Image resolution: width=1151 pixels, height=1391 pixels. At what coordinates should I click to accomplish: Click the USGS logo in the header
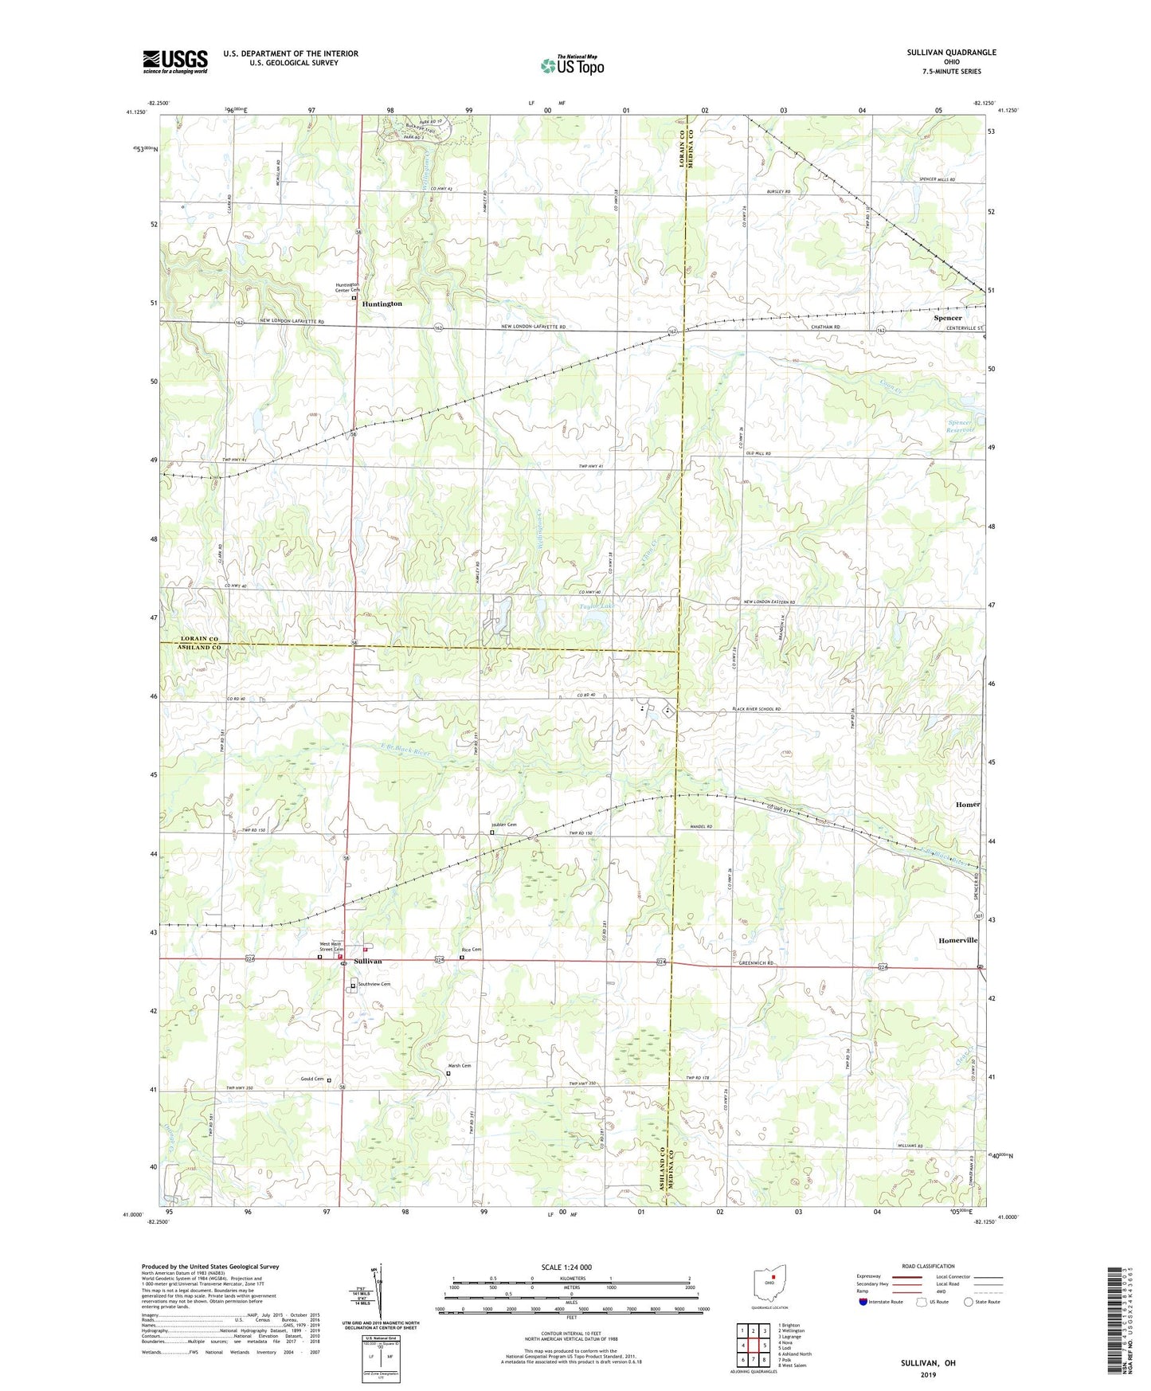175,61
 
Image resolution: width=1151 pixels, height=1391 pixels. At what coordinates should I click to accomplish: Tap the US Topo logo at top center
571,65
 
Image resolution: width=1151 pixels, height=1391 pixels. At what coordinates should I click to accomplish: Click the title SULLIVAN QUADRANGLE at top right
951,53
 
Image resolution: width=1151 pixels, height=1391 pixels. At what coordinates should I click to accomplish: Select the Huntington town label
382,304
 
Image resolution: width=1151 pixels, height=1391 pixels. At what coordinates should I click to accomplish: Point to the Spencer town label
947,318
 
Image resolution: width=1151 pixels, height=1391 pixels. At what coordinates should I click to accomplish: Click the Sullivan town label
368,962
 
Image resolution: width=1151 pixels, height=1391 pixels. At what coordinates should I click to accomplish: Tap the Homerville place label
957,940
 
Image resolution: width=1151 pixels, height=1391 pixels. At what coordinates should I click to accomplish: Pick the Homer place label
968,805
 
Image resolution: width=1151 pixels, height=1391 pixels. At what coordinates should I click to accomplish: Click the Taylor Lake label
597,606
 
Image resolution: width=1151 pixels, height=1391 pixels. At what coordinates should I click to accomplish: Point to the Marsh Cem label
460,1065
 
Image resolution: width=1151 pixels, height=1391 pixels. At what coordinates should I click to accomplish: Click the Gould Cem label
312,1079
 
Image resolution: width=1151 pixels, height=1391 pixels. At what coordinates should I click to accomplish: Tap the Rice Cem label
472,950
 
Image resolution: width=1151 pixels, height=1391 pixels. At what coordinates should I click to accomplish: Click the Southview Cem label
374,984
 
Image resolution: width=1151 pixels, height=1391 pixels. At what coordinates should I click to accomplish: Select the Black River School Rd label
757,709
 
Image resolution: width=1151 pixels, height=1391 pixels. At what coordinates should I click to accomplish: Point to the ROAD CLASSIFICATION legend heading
927,1266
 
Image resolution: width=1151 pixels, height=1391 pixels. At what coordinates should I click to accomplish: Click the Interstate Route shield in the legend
864,1302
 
